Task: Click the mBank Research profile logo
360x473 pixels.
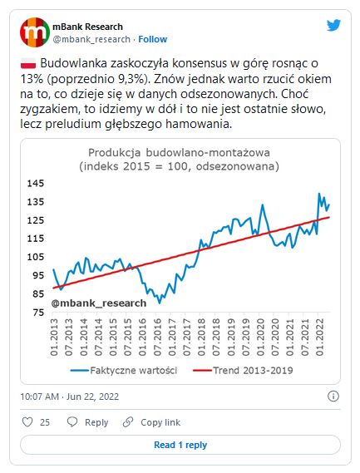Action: pos(35,32)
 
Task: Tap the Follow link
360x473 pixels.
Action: pos(153,39)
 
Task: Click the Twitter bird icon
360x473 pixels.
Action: pos(333,25)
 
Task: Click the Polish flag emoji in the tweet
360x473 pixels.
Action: pos(28,64)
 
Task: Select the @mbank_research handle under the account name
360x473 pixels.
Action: pos(91,39)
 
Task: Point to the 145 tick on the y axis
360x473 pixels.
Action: pos(36,183)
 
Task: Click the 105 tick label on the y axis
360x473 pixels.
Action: pos(36,257)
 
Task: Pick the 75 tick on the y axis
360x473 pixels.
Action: pos(38,312)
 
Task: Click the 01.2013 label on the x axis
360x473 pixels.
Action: pos(54,337)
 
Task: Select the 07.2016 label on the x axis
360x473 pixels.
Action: pos(157,337)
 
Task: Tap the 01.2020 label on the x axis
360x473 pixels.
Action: pos(260,337)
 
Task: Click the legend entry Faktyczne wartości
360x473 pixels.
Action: pos(124,370)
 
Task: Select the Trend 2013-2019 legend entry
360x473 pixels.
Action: pos(243,370)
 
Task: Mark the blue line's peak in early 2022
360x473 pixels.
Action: pos(319,194)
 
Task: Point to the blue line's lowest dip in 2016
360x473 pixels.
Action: pos(160,303)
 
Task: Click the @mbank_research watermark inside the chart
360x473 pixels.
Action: pos(99,303)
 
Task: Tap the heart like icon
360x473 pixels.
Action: pos(27,421)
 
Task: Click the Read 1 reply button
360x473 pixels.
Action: pos(180,445)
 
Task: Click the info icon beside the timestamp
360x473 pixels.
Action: pos(333,396)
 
